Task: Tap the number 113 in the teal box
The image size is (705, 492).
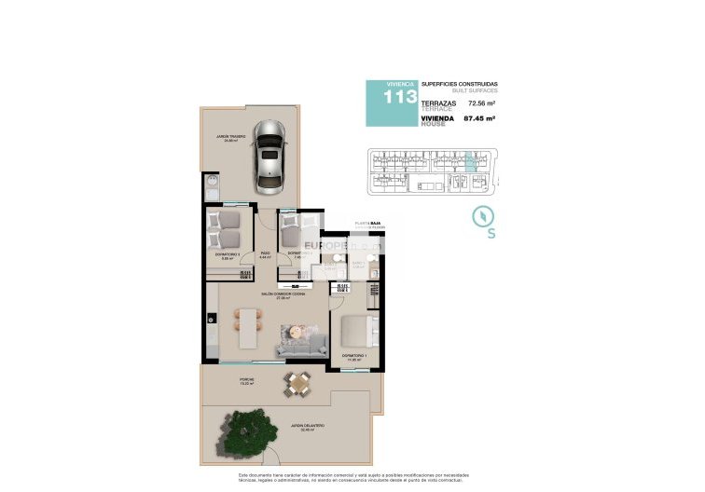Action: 395,98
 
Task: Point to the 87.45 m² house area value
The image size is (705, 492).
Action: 480,119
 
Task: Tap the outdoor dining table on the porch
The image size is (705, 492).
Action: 298,381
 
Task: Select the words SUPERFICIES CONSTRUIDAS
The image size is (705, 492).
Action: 459,84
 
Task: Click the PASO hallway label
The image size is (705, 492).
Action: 265,253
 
